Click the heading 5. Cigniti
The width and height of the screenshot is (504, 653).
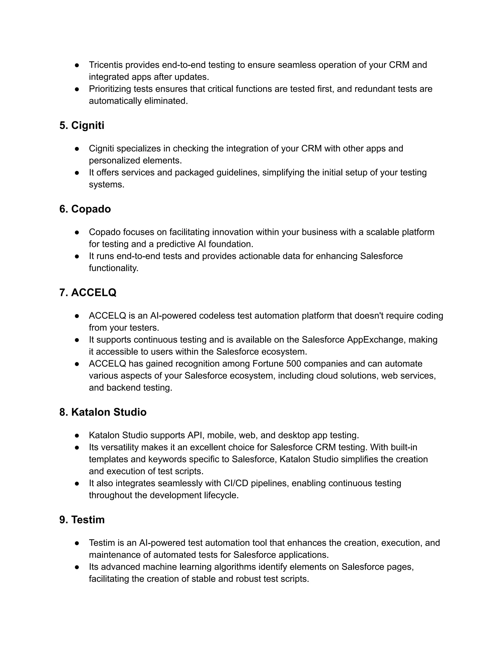click(x=81, y=125)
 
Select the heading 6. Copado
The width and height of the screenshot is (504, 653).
click(x=85, y=209)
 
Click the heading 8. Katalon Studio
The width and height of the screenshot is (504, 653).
click(x=103, y=412)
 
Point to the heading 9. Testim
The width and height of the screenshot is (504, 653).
click(x=82, y=520)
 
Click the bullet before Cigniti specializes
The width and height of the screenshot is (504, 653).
click(x=77, y=149)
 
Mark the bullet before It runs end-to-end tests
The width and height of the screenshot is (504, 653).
click(x=77, y=256)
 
